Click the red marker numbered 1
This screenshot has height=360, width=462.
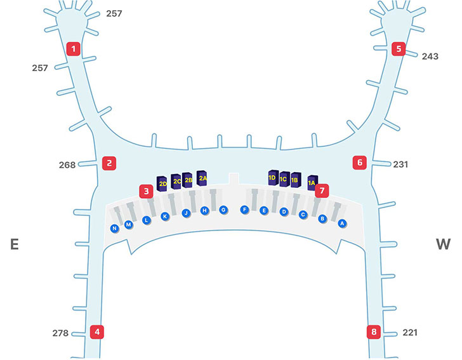pyautogui.click(x=74, y=48)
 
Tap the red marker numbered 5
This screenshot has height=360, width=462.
pyautogui.click(x=399, y=48)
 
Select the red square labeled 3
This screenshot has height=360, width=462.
pyautogui.click(x=147, y=190)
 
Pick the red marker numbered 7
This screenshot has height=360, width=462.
pyautogui.click(x=323, y=190)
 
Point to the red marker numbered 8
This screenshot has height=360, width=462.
pyautogui.click(x=374, y=332)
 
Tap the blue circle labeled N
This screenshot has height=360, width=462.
pyautogui.click(x=115, y=229)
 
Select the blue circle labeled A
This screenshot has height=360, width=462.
pyautogui.click(x=341, y=223)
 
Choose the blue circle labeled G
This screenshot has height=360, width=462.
pyautogui.click(x=223, y=210)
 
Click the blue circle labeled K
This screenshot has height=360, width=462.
pyautogui.click(x=165, y=217)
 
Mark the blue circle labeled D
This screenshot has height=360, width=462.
pyautogui.click(x=284, y=212)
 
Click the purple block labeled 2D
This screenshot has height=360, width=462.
pyautogui.click(x=162, y=183)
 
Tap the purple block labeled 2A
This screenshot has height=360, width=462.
pyautogui.click(x=202, y=178)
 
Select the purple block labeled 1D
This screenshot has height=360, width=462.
pyautogui.click(x=273, y=178)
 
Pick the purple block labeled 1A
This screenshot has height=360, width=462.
pyautogui.click(x=312, y=182)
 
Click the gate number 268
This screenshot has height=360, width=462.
pyautogui.click(x=67, y=165)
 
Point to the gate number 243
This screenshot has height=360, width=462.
pyautogui.click(x=430, y=57)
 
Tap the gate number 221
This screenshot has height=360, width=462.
pyautogui.click(x=411, y=333)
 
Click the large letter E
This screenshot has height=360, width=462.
pyautogui.click(x=14, y=244)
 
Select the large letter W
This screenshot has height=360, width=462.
pyautogui.click(x=442, y=244)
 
